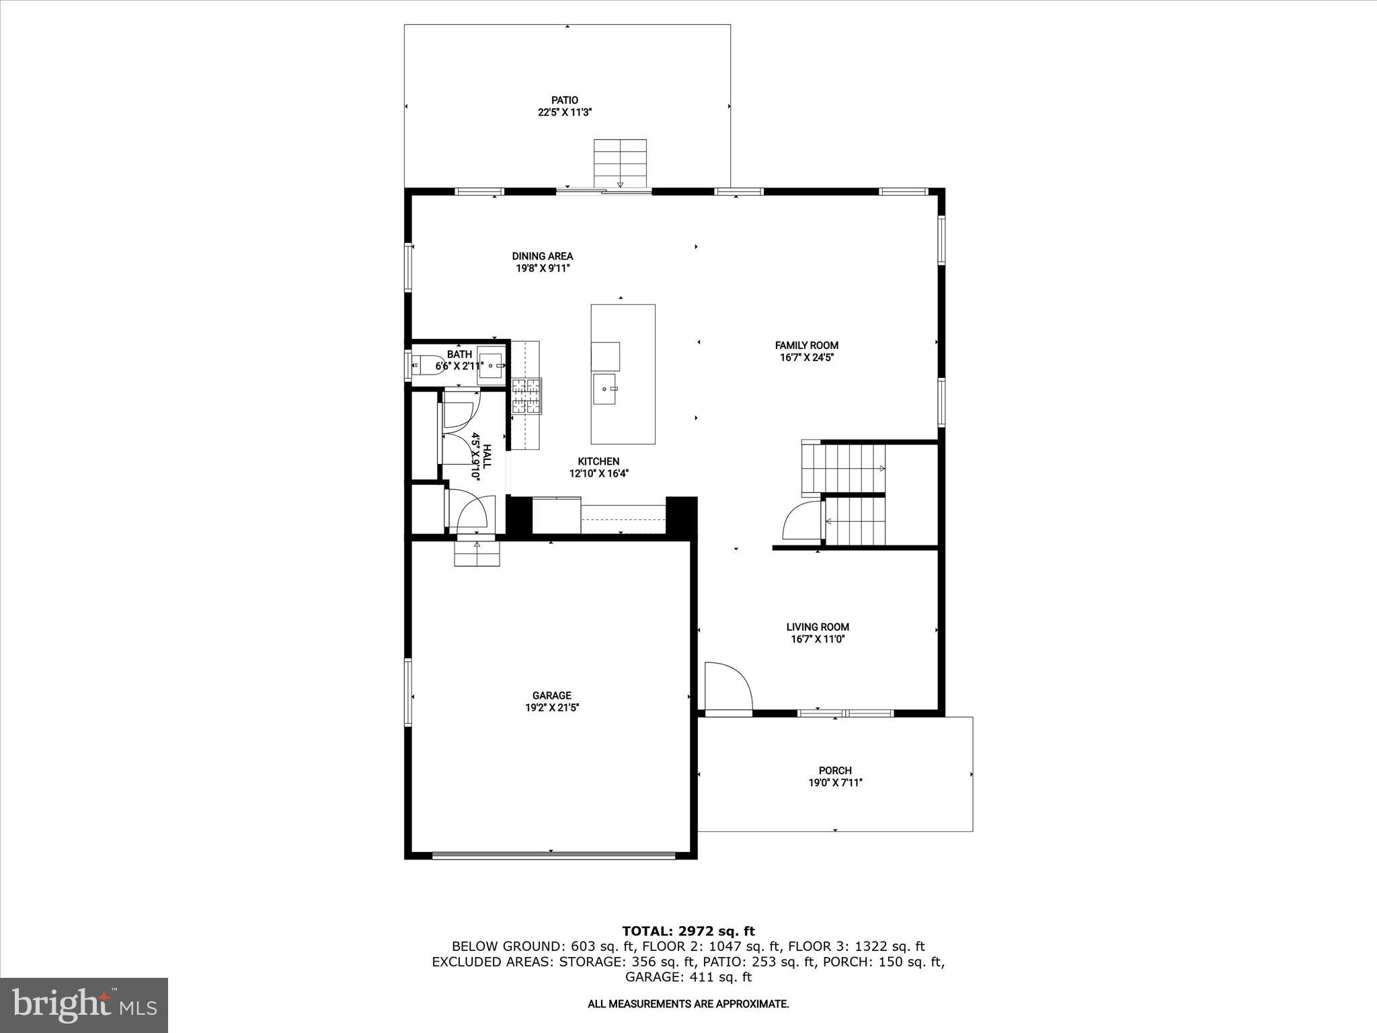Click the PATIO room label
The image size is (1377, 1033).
coord(564,100)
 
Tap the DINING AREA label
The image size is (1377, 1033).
coord(542,256)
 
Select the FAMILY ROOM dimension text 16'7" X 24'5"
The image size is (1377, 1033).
coord(806,358)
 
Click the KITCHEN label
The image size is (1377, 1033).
coord(598,461)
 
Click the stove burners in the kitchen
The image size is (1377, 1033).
coord(526,396)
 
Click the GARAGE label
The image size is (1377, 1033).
coord(551,695)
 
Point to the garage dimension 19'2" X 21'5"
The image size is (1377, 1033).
coord(551,707)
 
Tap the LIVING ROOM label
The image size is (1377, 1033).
coord(818,627)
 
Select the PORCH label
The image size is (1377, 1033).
coord(835,771)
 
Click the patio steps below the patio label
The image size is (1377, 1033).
coord(620,163)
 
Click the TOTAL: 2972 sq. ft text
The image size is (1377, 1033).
coord(688,931)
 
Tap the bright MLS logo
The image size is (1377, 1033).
coord(84,1004)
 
